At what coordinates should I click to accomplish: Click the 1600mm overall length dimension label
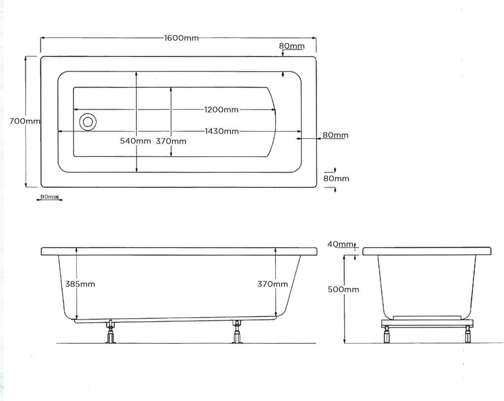tap(181, 38)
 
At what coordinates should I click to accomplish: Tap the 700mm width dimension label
tap(25, 121)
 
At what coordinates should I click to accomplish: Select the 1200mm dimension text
tap(221, 109)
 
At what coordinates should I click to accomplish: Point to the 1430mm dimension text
tap(222, 131)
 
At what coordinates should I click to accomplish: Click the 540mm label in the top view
tap(135, 141)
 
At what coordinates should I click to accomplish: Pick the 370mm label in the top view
tap(171, 141)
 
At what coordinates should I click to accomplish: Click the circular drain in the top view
tap(88, 121)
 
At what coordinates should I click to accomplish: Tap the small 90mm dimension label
tap(49, 197)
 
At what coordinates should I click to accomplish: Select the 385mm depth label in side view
tap(80, 284)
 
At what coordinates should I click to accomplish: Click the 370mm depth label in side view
tap(273, 284)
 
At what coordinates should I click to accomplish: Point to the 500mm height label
tap(344, 290)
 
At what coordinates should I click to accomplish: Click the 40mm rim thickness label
tap(341, 244)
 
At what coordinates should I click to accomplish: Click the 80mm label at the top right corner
tap(291, 46)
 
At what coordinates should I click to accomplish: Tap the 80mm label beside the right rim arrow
tap(335, 135)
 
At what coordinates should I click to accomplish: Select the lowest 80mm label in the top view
tap(336, 178)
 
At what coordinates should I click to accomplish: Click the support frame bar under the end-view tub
tap(427, 323)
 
